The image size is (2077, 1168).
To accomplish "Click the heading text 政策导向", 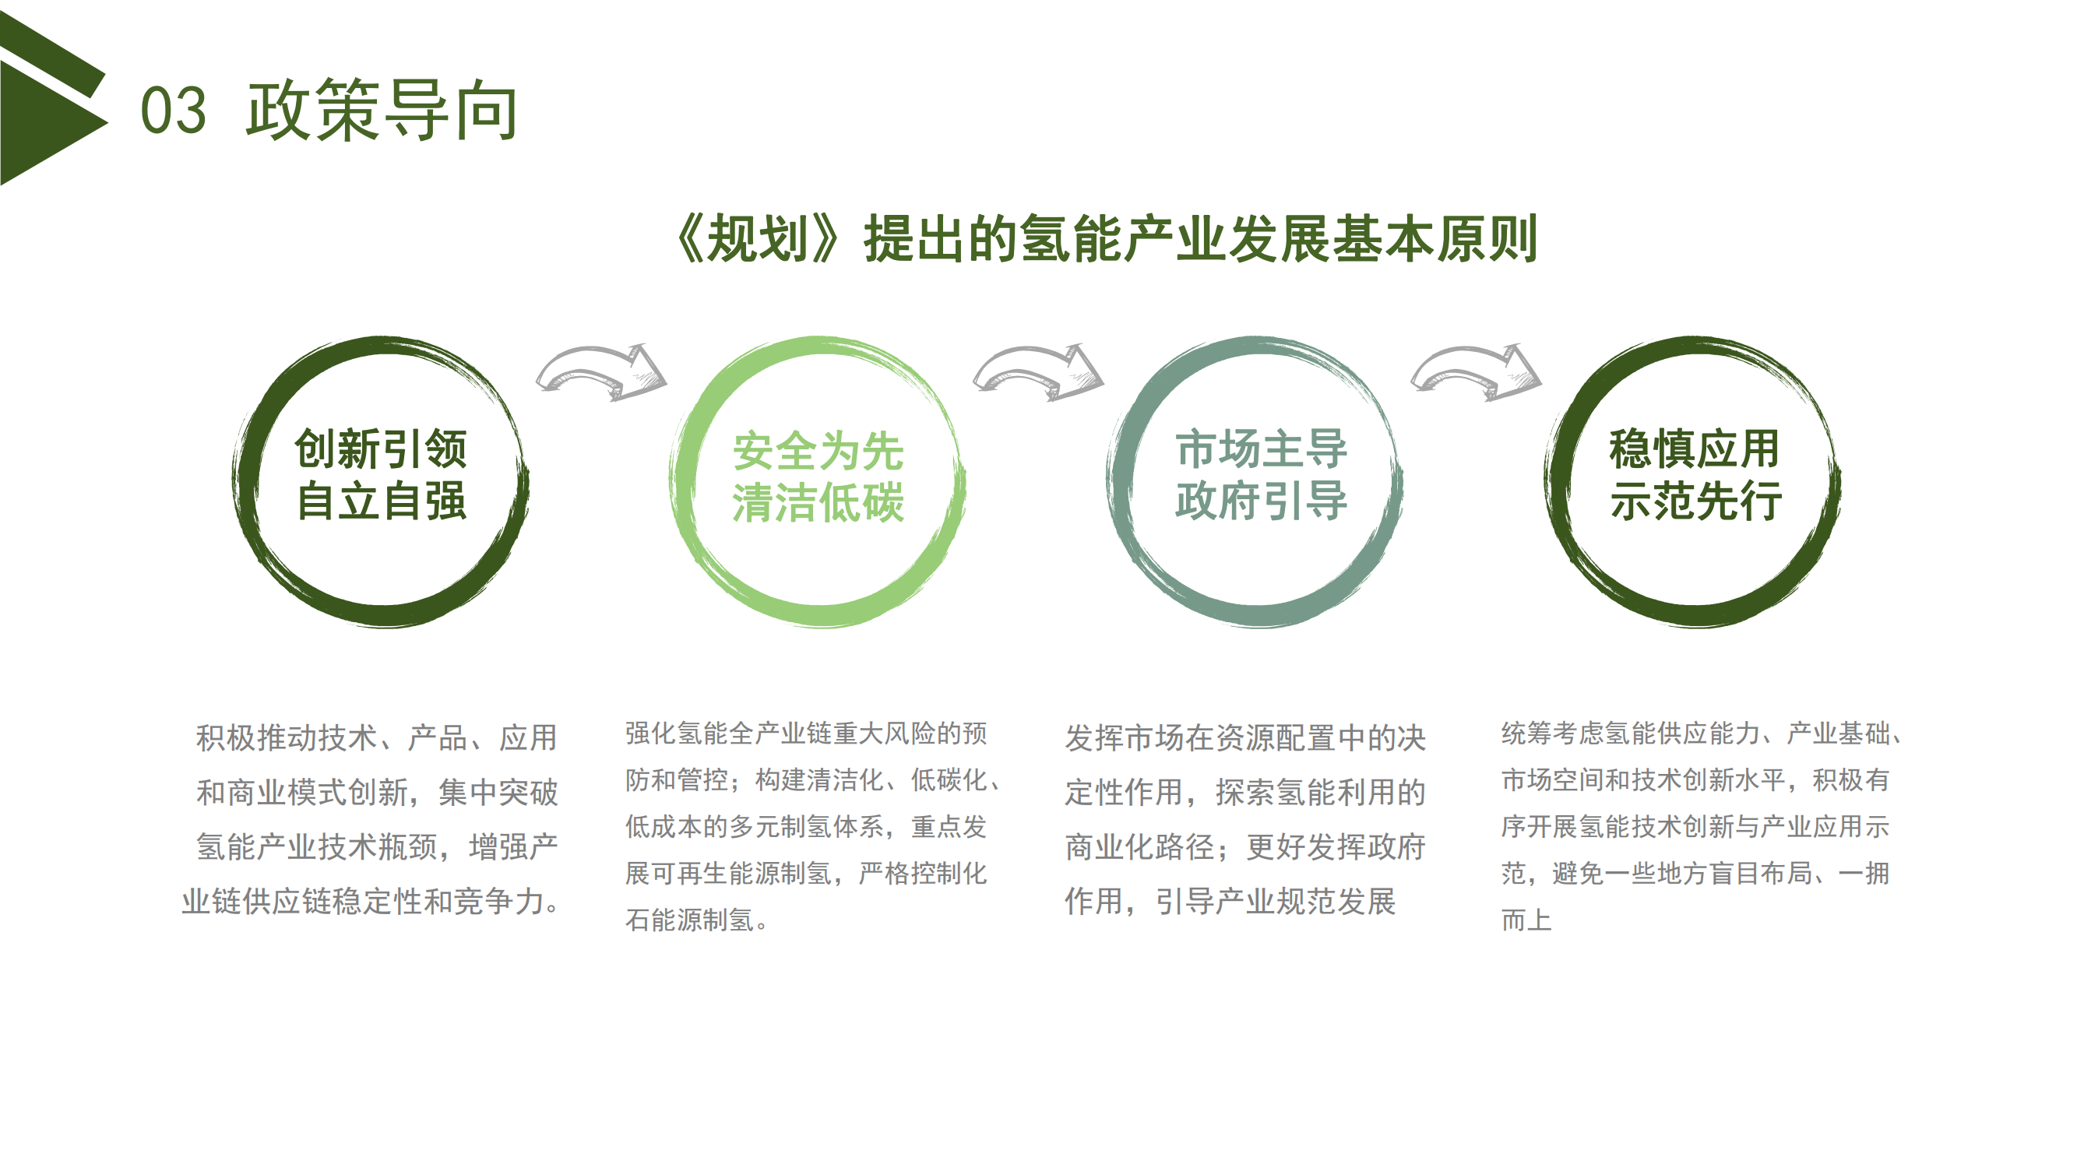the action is coord(382,111).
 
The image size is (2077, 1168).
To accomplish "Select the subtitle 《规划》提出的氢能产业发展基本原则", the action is coord(1104,238).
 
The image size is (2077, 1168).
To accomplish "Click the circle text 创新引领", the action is coord(381,449).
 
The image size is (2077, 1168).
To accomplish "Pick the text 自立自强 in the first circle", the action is coord(381,501).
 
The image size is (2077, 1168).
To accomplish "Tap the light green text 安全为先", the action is coord(818,450).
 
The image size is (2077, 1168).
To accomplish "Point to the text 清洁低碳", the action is coord(818,502).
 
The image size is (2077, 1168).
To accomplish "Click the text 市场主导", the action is coord(1261,449).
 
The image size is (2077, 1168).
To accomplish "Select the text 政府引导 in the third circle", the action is coord(1261,501).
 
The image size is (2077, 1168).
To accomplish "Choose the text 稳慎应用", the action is coord(1694,449).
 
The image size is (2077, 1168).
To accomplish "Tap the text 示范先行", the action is coord(1694,501).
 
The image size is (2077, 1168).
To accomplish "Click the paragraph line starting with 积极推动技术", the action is coord(376,737).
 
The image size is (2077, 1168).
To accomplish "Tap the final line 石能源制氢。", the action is coord(698,920).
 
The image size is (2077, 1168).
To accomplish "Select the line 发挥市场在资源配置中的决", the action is coord(1246,737).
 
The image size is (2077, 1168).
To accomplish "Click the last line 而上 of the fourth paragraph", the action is coord(1526,920).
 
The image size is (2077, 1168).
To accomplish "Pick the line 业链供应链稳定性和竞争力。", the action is coord(371,901).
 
